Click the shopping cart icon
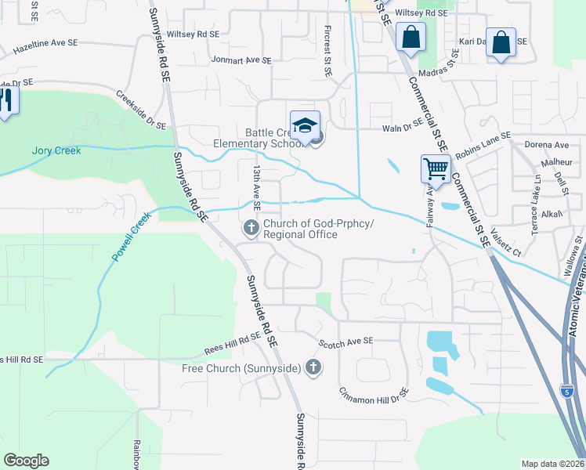click(x=435, y=167)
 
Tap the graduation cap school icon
click(x=306, y=125)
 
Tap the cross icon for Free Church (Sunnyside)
click(x=313, y=367)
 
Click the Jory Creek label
click(x=56, y=150)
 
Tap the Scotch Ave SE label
click(x=346, y=342)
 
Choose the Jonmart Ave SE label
click(x=241, y=60)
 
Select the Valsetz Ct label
click(x=505, y=247)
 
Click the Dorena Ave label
click(x=547, y=145)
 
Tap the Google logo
click(x=26, y=461)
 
